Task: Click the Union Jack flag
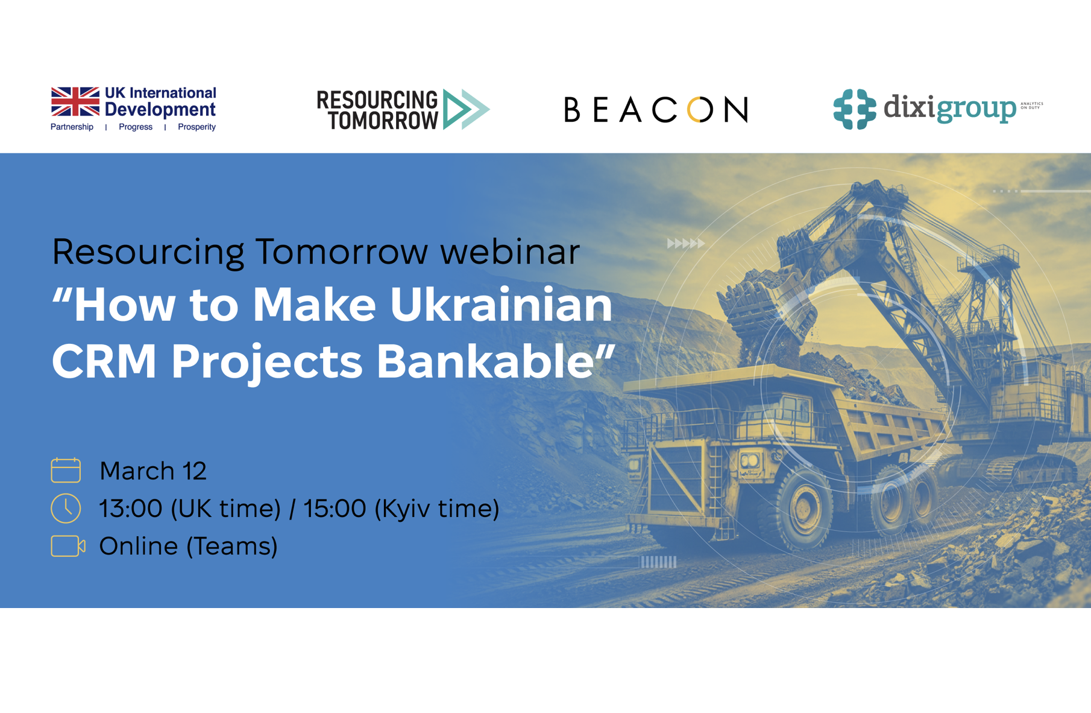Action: pos(75,101)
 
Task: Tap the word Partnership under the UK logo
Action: pos(72,127)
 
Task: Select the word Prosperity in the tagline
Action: pos(197,127)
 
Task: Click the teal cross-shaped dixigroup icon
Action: pos(854,109)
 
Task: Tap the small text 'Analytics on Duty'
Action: pos(1031,106)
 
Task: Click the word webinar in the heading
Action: pos(510,252)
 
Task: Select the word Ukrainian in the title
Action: pos(501,305)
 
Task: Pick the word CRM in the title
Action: pos(104,361)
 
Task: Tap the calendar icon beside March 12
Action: pos(66,471)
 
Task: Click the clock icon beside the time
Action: pos(66,508)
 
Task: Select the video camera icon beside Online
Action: pos(68,546)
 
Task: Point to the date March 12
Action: pos(153,471)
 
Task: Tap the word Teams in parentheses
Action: pos(231,547)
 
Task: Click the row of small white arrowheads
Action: pos(686,244)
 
